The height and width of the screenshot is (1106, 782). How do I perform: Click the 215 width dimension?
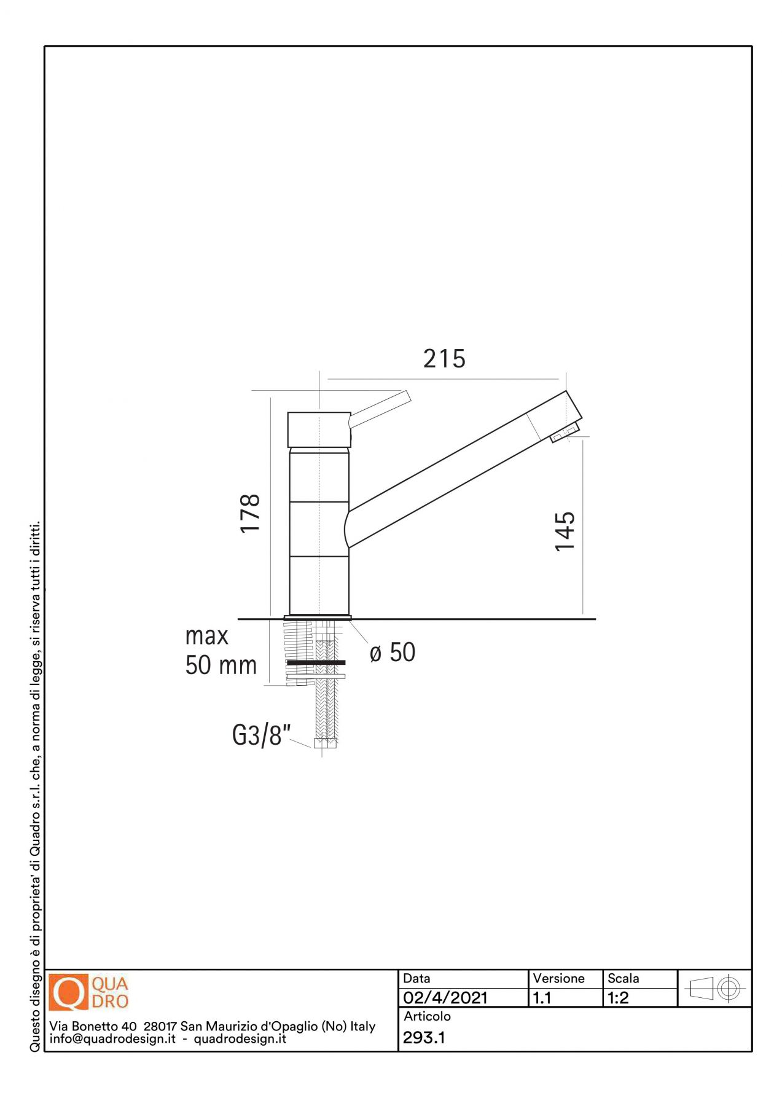444,359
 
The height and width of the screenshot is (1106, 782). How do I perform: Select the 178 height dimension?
250,513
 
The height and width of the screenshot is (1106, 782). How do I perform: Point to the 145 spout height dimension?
565,531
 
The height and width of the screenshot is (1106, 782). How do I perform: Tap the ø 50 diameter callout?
393,653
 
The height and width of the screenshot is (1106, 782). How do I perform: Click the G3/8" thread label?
261,735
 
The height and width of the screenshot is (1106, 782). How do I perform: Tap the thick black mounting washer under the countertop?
316,662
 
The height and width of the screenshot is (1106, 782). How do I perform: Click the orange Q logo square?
69,992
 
